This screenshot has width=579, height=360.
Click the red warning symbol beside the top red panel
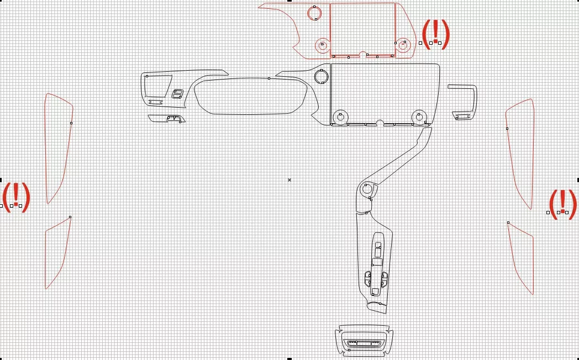[x=436, y=34]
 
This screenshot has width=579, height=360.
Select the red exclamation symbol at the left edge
[x=16, y=197]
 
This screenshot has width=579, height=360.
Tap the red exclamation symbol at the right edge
[x=563, y=204]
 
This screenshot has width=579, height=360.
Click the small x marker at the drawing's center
[x=289, y=180]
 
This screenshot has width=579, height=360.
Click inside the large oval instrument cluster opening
[x=251, y=96]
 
